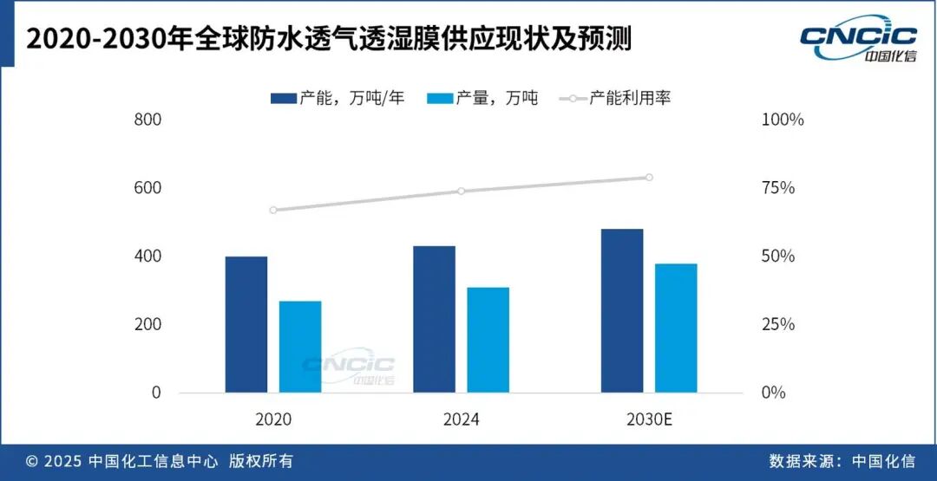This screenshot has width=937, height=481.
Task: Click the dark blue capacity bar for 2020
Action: (246, 324)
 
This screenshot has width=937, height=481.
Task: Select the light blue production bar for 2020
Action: (300, 347)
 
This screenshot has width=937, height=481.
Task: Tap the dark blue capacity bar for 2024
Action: (434, 319)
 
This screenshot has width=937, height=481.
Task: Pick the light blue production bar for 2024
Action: (488, 340)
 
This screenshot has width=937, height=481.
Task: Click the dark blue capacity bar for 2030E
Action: (622, 310)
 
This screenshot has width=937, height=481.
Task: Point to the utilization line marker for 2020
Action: (273, 210)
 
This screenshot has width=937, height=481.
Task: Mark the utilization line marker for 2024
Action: (462, 191)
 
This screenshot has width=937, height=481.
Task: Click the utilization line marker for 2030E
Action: (649, 178)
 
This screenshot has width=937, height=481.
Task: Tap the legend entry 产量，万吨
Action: (483, 98)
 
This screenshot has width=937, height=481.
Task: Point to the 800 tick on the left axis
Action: (148, 120)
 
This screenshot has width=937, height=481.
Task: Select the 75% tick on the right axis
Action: (777, 188)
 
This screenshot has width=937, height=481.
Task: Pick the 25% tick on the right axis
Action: (777, 324)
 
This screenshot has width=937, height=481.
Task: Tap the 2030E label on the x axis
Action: (649, 420)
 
